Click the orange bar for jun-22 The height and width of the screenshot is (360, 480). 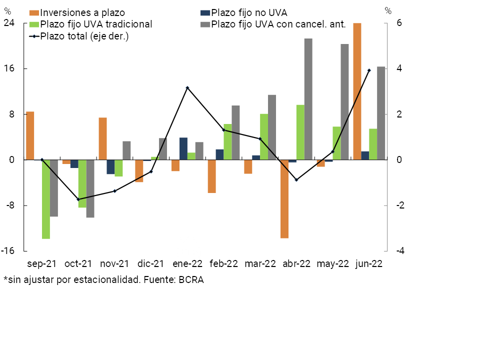pyautogui.click(x=357, y=91)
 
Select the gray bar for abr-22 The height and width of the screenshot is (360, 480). pyautogui.click(x=308, y=99)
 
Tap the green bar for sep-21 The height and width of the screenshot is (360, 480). pyautogui.click(x=46, y=199)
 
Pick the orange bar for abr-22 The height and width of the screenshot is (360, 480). pyautogui.click(x=284, y=199)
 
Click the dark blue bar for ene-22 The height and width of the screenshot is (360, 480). pyautogui.click(x=183, y=148)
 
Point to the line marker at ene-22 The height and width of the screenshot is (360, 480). pyautogui.click(x=187, y=88)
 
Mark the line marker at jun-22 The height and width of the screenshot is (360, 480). pyautogui.click(x=369, y=70)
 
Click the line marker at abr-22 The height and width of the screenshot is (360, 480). pyautogui.click(x=296, y=179)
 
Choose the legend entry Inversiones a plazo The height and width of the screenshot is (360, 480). pyautogui.click(x=82, y=12)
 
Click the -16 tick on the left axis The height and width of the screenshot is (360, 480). pyautogui.click(x=7, y=251)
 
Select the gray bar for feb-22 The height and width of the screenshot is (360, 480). pyautogui.click(x=235, y=132)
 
